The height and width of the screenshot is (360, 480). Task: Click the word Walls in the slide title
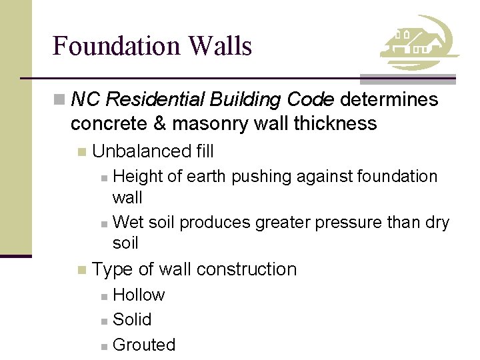click(220, 46)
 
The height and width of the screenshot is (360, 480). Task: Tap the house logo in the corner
click(419, 43)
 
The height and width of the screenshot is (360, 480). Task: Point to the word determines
click(389, 100)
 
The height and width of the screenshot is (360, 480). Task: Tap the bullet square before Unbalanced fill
click(81, 152)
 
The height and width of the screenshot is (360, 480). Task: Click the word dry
click(437, 222)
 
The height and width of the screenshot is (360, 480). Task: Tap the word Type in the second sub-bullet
click(113, 269)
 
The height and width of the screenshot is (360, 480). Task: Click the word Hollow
click(139, 295)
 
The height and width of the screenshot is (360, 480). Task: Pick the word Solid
click(132, 320)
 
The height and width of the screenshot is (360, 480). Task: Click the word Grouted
click(144, 345)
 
